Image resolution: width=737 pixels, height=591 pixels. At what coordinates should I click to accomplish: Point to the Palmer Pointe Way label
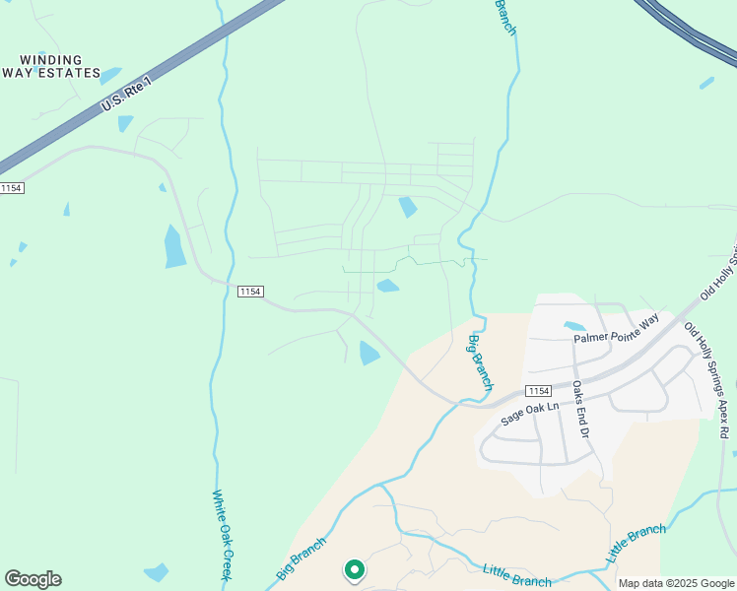click(x=616, y=329)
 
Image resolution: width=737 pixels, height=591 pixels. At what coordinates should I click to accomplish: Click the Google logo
click(x=33, y=579)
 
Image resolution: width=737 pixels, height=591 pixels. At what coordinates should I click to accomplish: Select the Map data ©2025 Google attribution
click(x=676, y=583)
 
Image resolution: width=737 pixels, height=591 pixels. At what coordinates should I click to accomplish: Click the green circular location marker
click(x=354, y=569)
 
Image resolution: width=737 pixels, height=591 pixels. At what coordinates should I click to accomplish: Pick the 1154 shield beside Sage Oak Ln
click(x=538, y=391)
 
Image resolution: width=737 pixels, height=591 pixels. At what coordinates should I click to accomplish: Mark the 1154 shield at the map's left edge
click(x=11, y=188)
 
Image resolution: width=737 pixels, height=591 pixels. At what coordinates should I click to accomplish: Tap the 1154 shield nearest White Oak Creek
click(x=250, y=291)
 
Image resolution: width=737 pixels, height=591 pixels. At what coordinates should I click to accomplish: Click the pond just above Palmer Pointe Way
click(x=573, y=326)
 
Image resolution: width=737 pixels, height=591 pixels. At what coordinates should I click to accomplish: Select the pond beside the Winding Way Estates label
click(x=110, y=76)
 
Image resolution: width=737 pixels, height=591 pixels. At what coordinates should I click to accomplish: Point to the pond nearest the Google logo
click(x=157, y=571)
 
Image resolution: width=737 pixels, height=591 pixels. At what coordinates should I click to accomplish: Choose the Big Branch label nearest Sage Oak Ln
click(x=480, y=361)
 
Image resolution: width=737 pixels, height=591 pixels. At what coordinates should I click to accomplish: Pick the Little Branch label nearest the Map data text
click(x=636, y=544)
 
